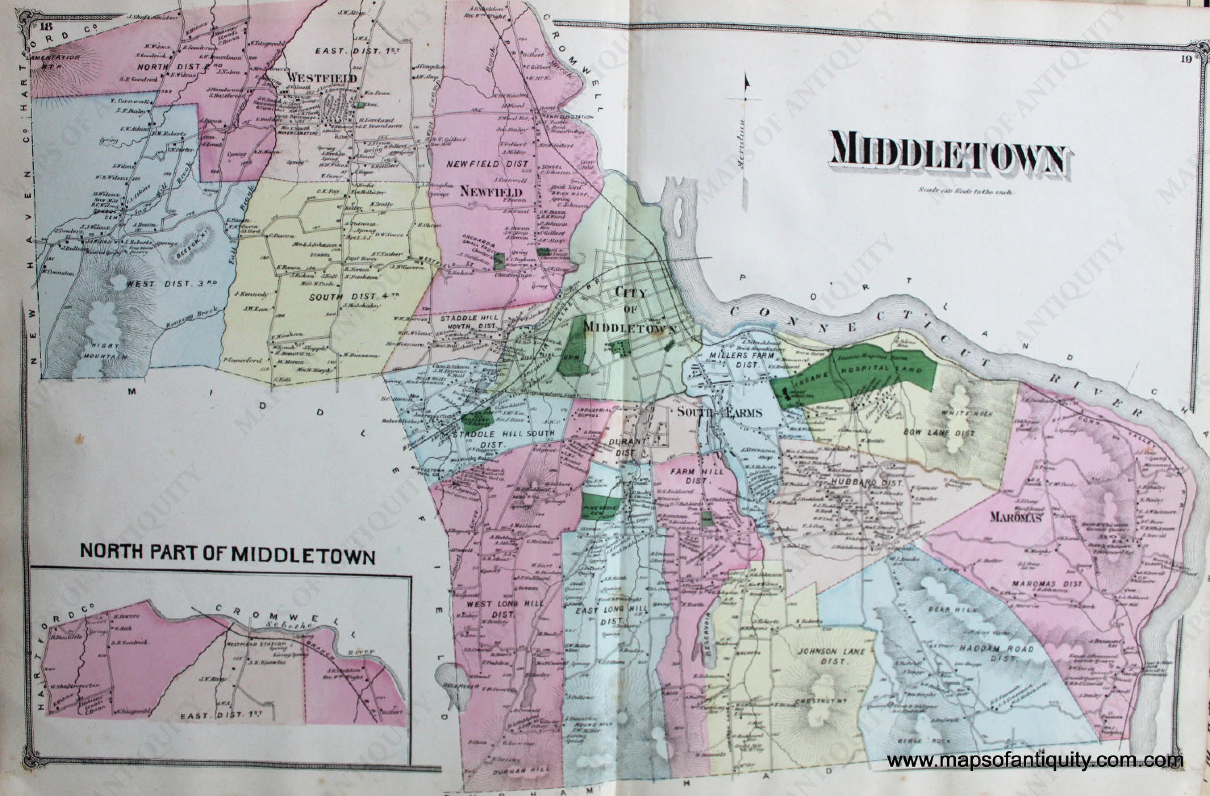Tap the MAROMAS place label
(x=1016, y=517)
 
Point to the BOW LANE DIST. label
(x=946, y=433)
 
